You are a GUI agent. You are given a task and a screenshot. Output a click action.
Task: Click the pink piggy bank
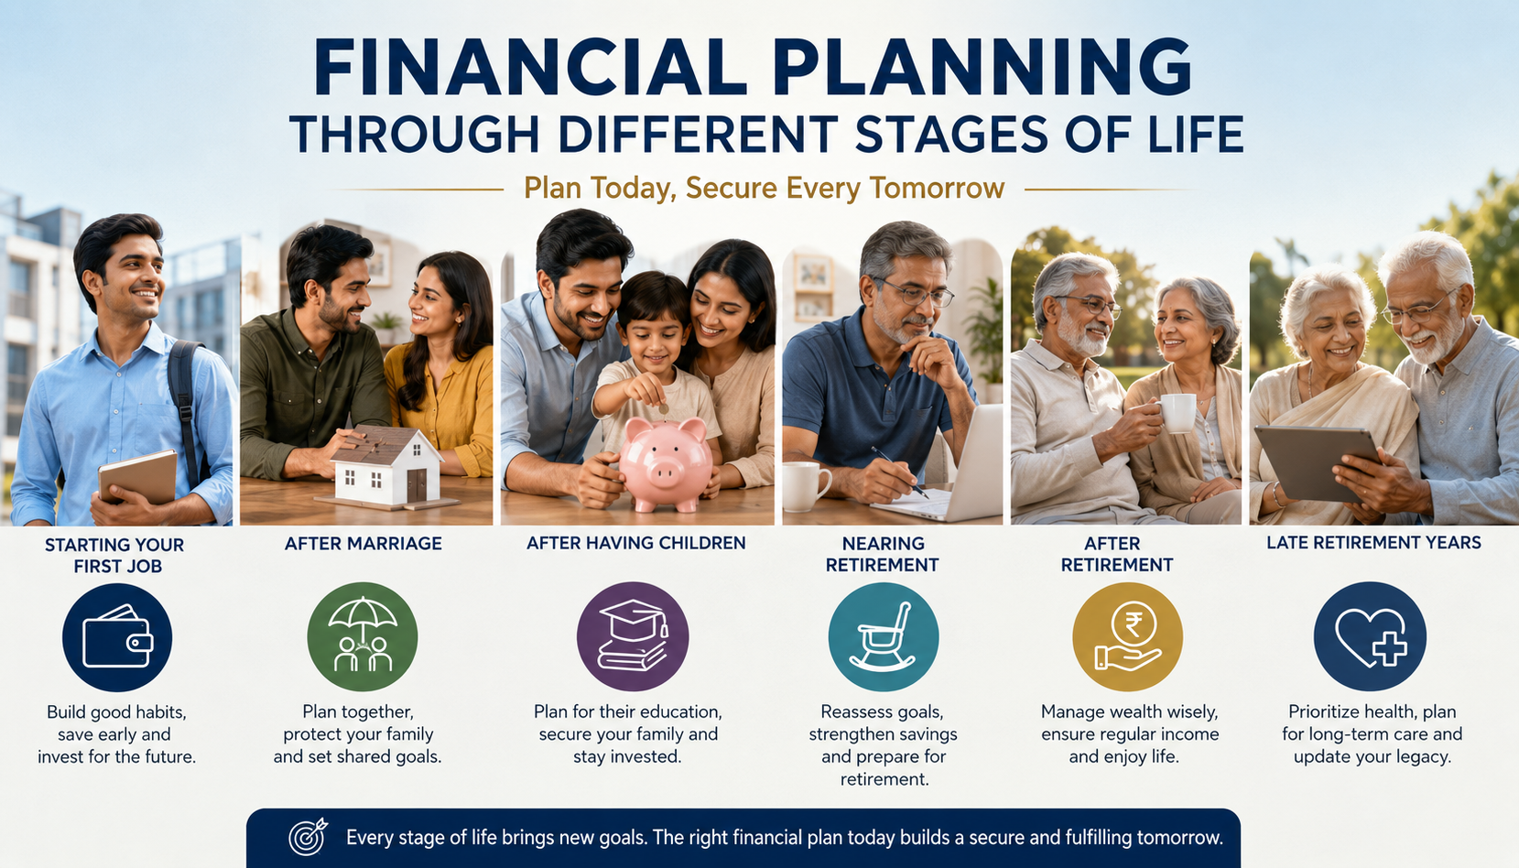pyautogui.click(x=665, y=464)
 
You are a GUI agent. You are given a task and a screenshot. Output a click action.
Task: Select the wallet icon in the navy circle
pyautogui.click(x=117, y=636)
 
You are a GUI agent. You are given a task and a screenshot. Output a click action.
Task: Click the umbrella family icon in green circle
pyautogui.click(x=362, y=636)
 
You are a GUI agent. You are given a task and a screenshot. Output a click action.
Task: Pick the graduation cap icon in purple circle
pyautogui.click(x=633, y=636)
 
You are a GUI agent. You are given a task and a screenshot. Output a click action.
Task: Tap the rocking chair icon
pyautogui.click(x=884, y=636)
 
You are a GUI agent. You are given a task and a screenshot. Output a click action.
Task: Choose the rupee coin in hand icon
pyautogui.click(x=1128, y=636)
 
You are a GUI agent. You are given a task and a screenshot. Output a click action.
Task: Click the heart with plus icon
pyautogui.click(x=1370, y=636)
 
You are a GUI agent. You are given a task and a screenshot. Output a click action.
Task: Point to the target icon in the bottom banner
pyautogui.click(x=308, y=837)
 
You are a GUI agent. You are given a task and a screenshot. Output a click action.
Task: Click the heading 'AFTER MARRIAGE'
pyautogui.click(x=363, y=543)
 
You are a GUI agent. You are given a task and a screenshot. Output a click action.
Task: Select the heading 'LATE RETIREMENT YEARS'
pyautogui.click(x=1374, y=542)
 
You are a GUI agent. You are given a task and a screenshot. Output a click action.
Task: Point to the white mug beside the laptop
pyautogui.click(x=806, y=486)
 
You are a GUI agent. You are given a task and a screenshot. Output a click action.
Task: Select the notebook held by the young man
pyautogui.click(x=137, y=476)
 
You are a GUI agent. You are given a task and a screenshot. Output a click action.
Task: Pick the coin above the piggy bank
pyautogui.click(x=665, y=409)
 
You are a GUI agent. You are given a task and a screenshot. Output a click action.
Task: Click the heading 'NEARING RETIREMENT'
pyautogui.click(x=883, y=554)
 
